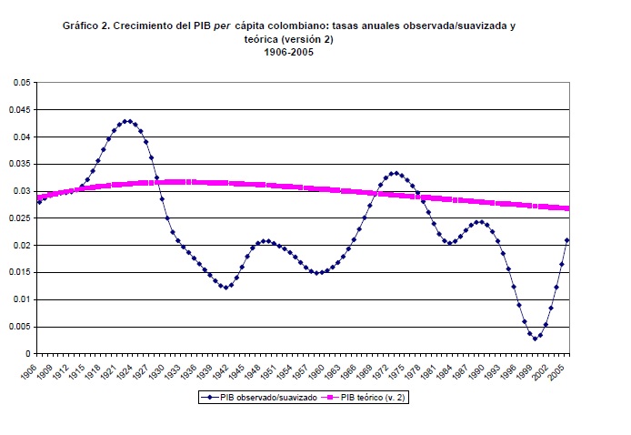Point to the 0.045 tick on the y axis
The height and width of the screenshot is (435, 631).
coord(19,110)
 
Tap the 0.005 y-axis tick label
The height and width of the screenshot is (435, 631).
coord(19,327)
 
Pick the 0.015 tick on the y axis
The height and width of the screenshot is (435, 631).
coord(19,272)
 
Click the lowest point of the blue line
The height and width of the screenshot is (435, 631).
coord(536,339)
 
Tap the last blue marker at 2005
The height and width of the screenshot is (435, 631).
coord(567,240)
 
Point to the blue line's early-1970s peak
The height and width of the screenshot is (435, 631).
coord(394,173)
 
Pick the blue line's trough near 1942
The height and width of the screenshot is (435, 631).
coord(225,287)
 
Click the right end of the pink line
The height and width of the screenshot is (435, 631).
coord(567,208)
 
